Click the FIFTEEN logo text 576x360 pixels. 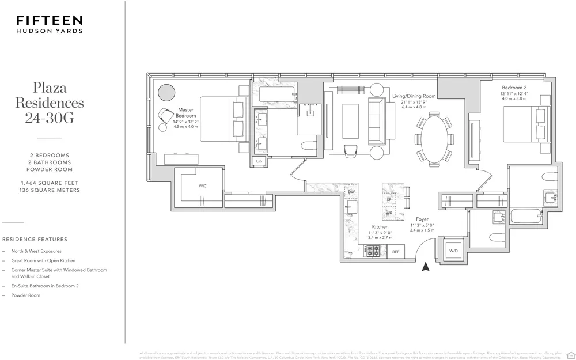click(x=50, y=20)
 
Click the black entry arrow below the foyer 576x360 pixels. click(x=426, y=266)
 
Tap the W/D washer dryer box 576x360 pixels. click(x=452, y=251)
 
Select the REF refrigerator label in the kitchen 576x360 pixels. click(x=396, y=252)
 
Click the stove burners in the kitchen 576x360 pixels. click(x=373, y=251)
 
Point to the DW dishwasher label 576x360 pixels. click(x=351, y=191)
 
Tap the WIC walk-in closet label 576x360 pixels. click(x=203, y=186)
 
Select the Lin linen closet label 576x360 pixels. click(x=259, y=161)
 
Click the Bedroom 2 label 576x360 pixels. click(x=514, y=88)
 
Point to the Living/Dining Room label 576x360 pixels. click(x=414, y=96)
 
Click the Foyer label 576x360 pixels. click(x=422, y=219)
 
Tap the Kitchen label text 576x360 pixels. click(x=380, y=227)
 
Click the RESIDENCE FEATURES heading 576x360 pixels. click(x=35, y=239)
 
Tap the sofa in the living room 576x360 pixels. click(x=378, y=121)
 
